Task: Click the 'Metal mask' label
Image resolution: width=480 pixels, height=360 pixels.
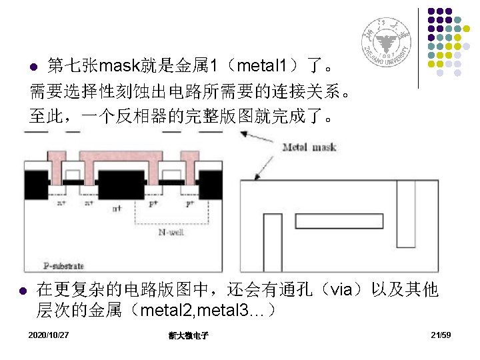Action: click(309, 147)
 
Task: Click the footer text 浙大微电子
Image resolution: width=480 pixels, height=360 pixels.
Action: click(189, 335)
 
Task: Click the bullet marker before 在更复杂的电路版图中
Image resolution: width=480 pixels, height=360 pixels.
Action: click(23, 291)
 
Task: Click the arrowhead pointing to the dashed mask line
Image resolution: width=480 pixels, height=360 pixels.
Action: click(244, 135)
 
